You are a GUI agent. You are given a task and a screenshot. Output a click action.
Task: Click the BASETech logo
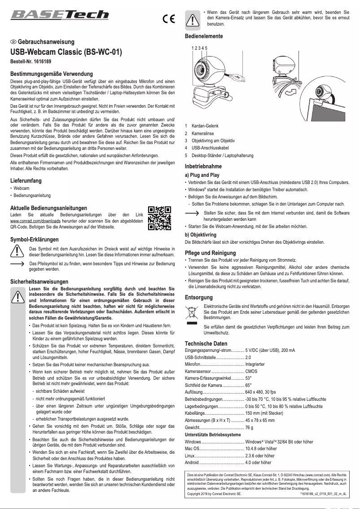pyautogui.click(x=60, y=14)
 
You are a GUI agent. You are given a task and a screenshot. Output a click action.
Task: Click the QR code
pyautogui.click(x=159, y=218)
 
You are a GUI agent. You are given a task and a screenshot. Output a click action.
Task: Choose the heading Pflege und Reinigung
pyautogui.click(x=210, y=253)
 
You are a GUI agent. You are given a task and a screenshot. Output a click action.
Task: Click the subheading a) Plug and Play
pyautogui.click(x=202, y=175)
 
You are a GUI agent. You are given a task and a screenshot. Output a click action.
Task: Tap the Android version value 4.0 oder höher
pyautogui.click(x=258, y=462)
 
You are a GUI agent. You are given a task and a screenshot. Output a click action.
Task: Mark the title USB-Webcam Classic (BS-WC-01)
pyautogui.click(x=66, y=52)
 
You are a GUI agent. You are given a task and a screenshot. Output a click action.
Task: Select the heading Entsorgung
pyautogui.click(x=199, y=297)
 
